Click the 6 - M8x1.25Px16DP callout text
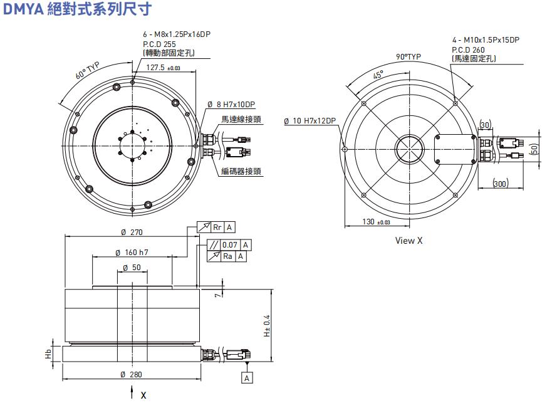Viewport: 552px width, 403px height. click(176, 34)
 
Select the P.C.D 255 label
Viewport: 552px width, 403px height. click(160, 44)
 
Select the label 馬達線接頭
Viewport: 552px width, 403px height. click(241, 119)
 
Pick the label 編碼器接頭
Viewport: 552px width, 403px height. click(241, 171)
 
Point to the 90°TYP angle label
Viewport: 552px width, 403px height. click(409, 56)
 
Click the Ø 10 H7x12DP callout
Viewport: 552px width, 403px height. click(310, 120)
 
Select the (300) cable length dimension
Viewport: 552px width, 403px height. click(499, 184)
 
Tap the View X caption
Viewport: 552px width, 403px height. click(409, 241)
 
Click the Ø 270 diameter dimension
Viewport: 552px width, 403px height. click(132, 232)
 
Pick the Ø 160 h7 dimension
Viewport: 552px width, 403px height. click(132, 253)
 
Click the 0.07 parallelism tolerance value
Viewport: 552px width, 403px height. click(230, 245)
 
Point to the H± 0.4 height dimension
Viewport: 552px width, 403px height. click(267, 325)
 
